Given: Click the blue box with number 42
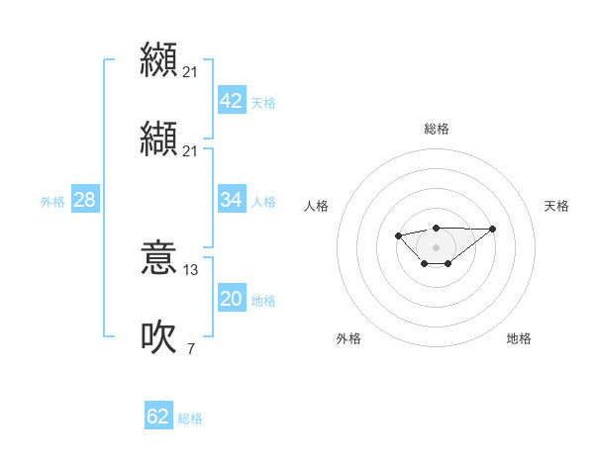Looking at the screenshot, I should pos(231,101).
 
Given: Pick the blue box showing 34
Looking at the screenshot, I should pos(231,200).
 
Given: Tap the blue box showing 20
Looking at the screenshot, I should pos(231,299).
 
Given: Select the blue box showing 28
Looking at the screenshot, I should pos(84,200).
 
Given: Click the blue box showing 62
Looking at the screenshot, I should pos(158,417).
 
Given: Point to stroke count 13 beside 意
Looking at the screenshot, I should pos(191,270).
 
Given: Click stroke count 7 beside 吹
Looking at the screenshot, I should pos(190,348).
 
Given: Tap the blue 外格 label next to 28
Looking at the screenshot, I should pos(52,201).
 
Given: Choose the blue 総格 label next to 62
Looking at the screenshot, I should pos(190,418).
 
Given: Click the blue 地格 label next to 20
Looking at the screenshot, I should pos(263,300).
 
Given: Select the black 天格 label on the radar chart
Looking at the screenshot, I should pos(556,206).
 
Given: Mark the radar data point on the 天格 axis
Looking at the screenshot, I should pos(493,229).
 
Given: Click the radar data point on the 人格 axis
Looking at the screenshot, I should pos(398,235).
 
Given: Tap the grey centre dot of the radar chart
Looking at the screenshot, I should pos(436,246).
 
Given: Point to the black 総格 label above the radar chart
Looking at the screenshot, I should pos(437,129).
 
